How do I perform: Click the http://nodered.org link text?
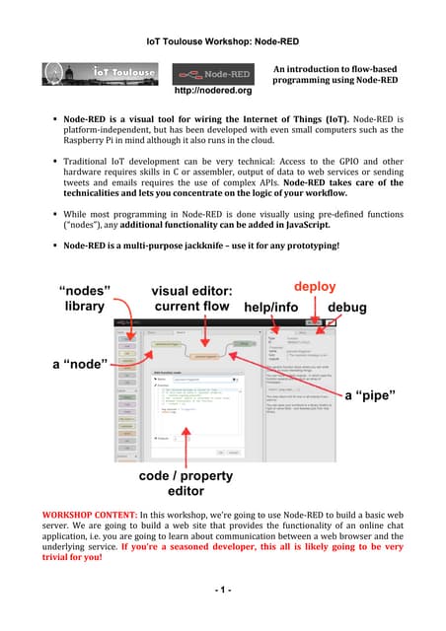(x=213, y=90)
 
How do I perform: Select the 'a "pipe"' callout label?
(x=372, y=395)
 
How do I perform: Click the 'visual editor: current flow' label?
(x=189, y=299)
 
